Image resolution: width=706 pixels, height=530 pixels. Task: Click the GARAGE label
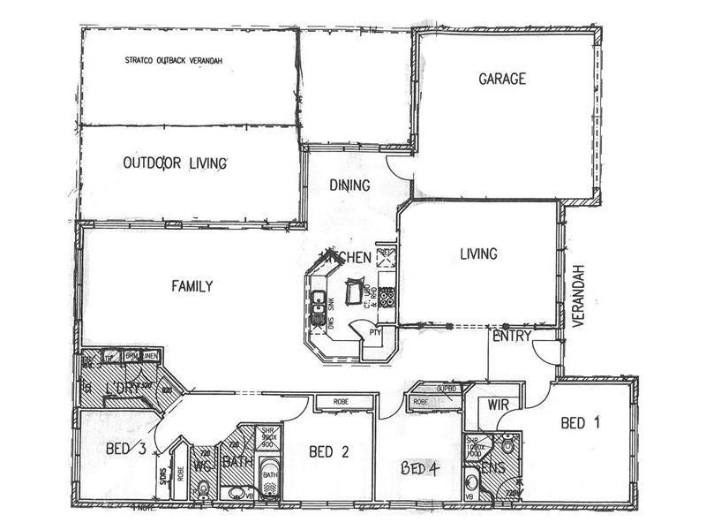pyautogui.click(x=502, y=79)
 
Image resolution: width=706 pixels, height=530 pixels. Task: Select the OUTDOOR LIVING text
pyautogui.click(x=176, y=163)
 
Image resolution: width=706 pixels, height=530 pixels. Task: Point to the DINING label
pyautogui.click(x=349, y=185)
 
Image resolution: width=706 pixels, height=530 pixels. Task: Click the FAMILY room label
pyautogui.click(x=192, y=285)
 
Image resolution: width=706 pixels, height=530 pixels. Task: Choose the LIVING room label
pyautogui.click(x=478, y=254)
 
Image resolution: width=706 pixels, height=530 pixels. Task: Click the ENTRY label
pyautogui.click(x=511, y=337)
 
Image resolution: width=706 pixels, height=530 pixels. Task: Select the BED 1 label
pyautogui.click(x=581, y=423)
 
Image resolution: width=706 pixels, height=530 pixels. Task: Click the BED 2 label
pyautogui.click(x=329, y=451)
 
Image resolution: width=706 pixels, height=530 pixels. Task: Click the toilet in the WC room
pyautogui.click(x=203, y=488)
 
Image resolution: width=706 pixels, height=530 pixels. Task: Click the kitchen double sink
pyautogui.click(x=318, y=306)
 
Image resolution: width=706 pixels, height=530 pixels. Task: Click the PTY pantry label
pyautogui.click(x=375, y=333)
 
